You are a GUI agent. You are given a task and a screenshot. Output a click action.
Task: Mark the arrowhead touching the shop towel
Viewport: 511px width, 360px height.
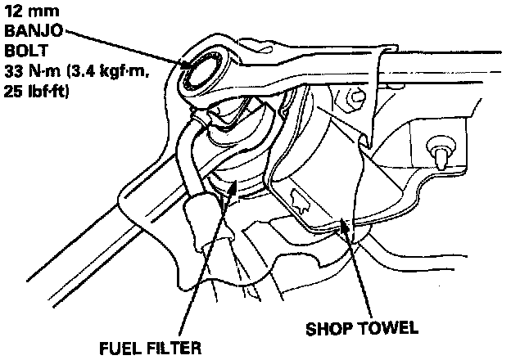pyautogui.click(x=350, y=226)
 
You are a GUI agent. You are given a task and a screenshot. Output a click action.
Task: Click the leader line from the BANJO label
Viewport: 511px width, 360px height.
pyautogui.click(x=123, y=48)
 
